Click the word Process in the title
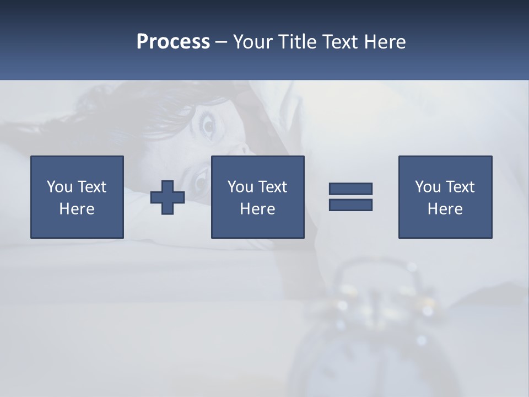click(x=173, y=42)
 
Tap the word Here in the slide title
click(x=385, y=42)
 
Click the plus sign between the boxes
click(x=168, y=197)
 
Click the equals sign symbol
click(x=350, y=197)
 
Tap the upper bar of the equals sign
click(x=350, y=189)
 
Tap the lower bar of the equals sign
click(x=350, y=205)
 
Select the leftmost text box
click(x=77, y=197)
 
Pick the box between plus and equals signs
click(x=257, y=197)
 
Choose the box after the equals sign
click(x=445, y=197)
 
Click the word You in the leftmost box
click(x=59, y=187)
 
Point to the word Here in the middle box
click(x=257, y=209)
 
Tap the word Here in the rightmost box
click(x=445, y=209)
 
